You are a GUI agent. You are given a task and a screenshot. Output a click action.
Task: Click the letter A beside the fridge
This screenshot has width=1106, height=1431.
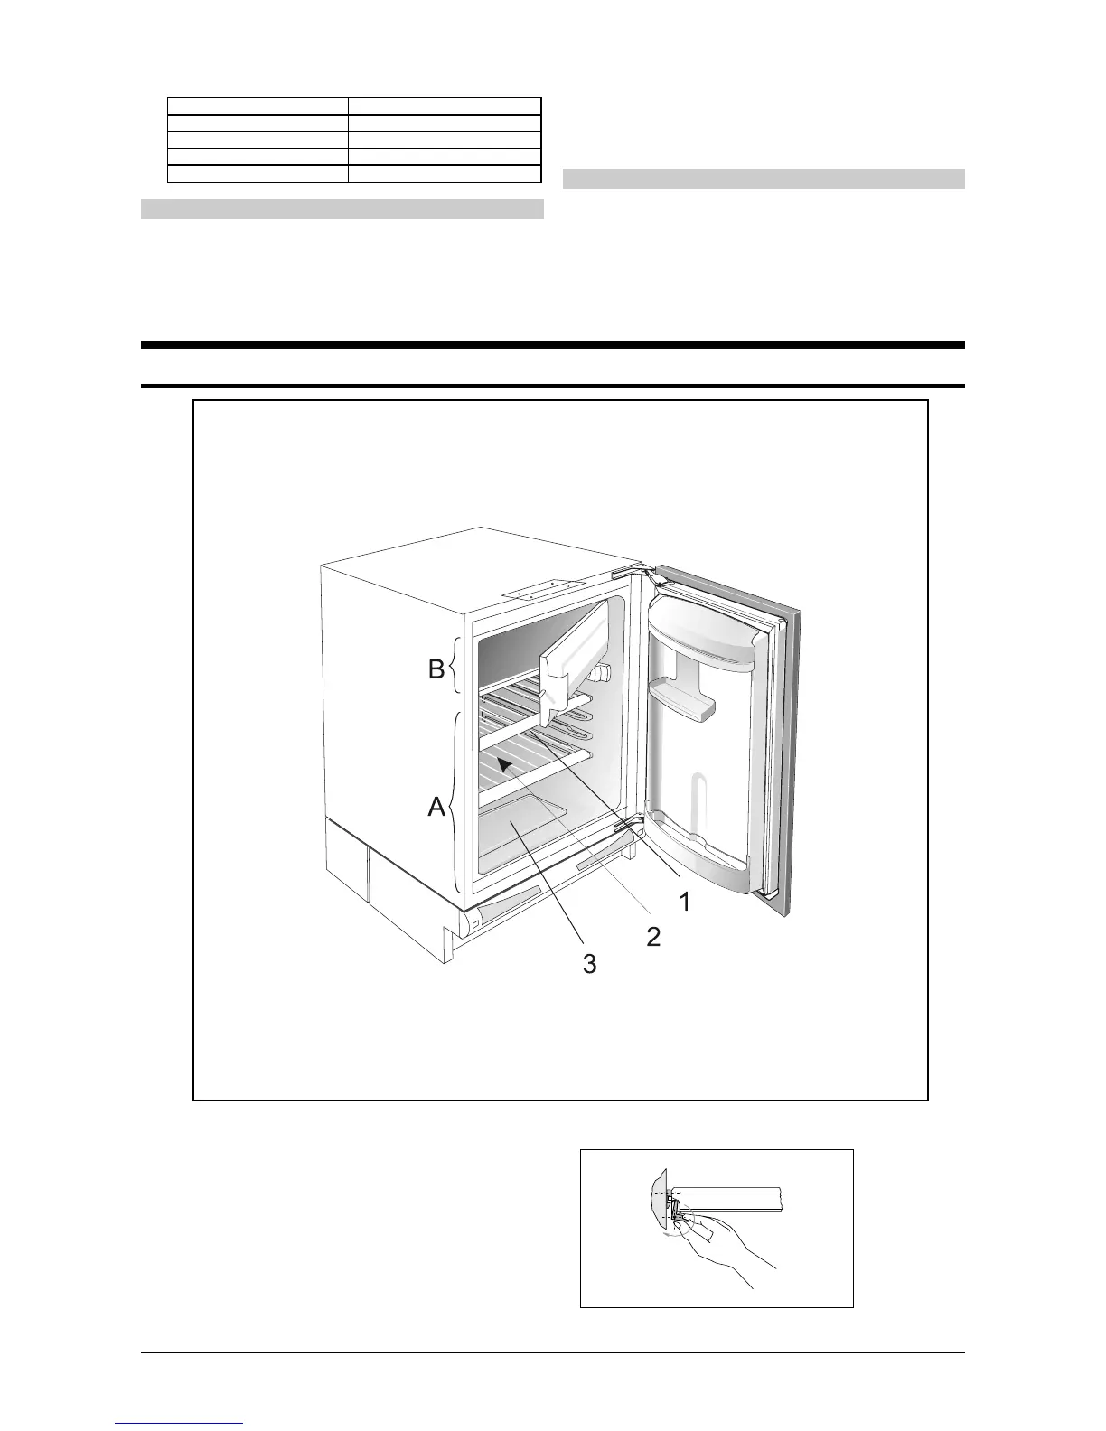[437, 807]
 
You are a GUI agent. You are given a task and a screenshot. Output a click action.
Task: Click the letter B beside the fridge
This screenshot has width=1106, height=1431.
[436, 670]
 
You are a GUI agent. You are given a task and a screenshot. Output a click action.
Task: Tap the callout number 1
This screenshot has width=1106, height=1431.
[685, 901]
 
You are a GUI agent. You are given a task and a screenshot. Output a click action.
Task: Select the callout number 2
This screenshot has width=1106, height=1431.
[652, 936]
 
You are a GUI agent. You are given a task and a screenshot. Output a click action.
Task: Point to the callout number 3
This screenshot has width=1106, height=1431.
[589, 964]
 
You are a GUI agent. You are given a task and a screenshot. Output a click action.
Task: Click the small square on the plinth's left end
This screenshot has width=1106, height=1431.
[474, 924]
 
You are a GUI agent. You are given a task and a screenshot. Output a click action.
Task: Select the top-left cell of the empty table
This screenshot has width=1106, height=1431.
[258, 106]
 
